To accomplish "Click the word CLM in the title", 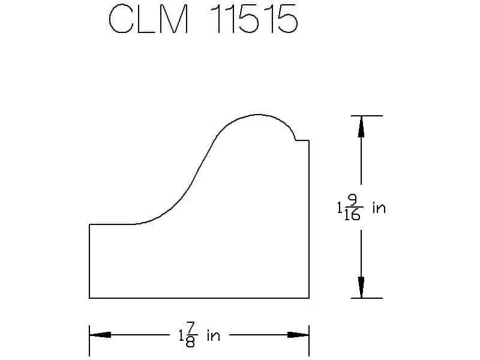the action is [148, 19].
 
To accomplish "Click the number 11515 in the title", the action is [254, 19].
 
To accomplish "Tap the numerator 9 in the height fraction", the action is [353, 200].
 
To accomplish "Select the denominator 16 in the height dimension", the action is [352, 215].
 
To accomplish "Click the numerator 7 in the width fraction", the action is [190, 328].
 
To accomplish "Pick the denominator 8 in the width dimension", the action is [190, 342].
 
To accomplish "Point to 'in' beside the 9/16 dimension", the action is [379, 208].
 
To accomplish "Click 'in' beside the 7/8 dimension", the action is [214, 335].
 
